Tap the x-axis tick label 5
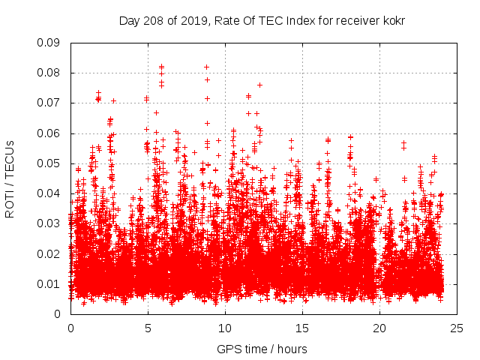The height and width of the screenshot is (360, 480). click(x=148, y=328)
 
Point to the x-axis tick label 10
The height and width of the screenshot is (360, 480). click(x=225, y=328)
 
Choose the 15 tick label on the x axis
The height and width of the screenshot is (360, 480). click(x=302, y=328)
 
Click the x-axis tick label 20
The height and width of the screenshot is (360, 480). click(x=379, y=328)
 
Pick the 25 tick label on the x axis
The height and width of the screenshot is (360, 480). click(x=457, y=328)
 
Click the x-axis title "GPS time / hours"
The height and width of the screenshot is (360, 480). click(x=262, y=349)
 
